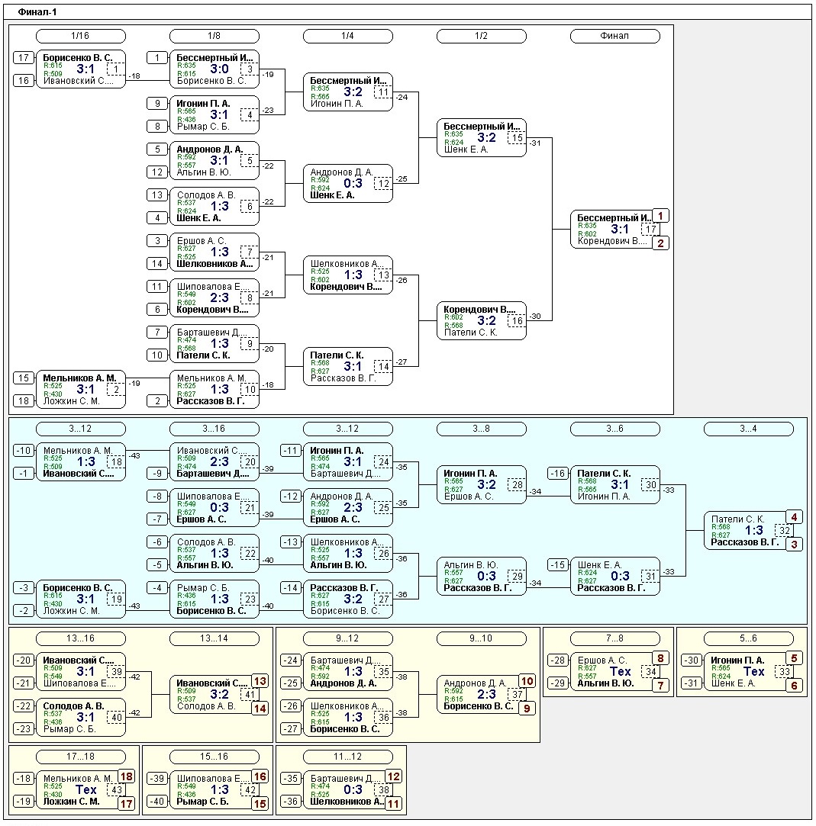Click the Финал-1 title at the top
coord(37,12)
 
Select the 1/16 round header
coord(80,36)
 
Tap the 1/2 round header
coord(481,36)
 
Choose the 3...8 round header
coord(481,429)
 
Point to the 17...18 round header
coord(80,757)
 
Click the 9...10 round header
coord(481,638)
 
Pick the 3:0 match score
coord(220,69)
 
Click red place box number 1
coord(661,216)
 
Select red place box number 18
coord(127,776)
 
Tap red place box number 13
coord(260,681)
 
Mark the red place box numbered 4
coord(795,517)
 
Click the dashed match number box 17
coord(650,229)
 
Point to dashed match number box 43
coord(116,789)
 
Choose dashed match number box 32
coord(784,530)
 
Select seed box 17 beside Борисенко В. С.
coord(24,57)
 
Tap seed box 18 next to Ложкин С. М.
coord(24,400)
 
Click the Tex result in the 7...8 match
coord(621,671)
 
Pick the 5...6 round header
coord(748,638)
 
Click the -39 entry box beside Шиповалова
coord(157,778)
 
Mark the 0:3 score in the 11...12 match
coord(353,789)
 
